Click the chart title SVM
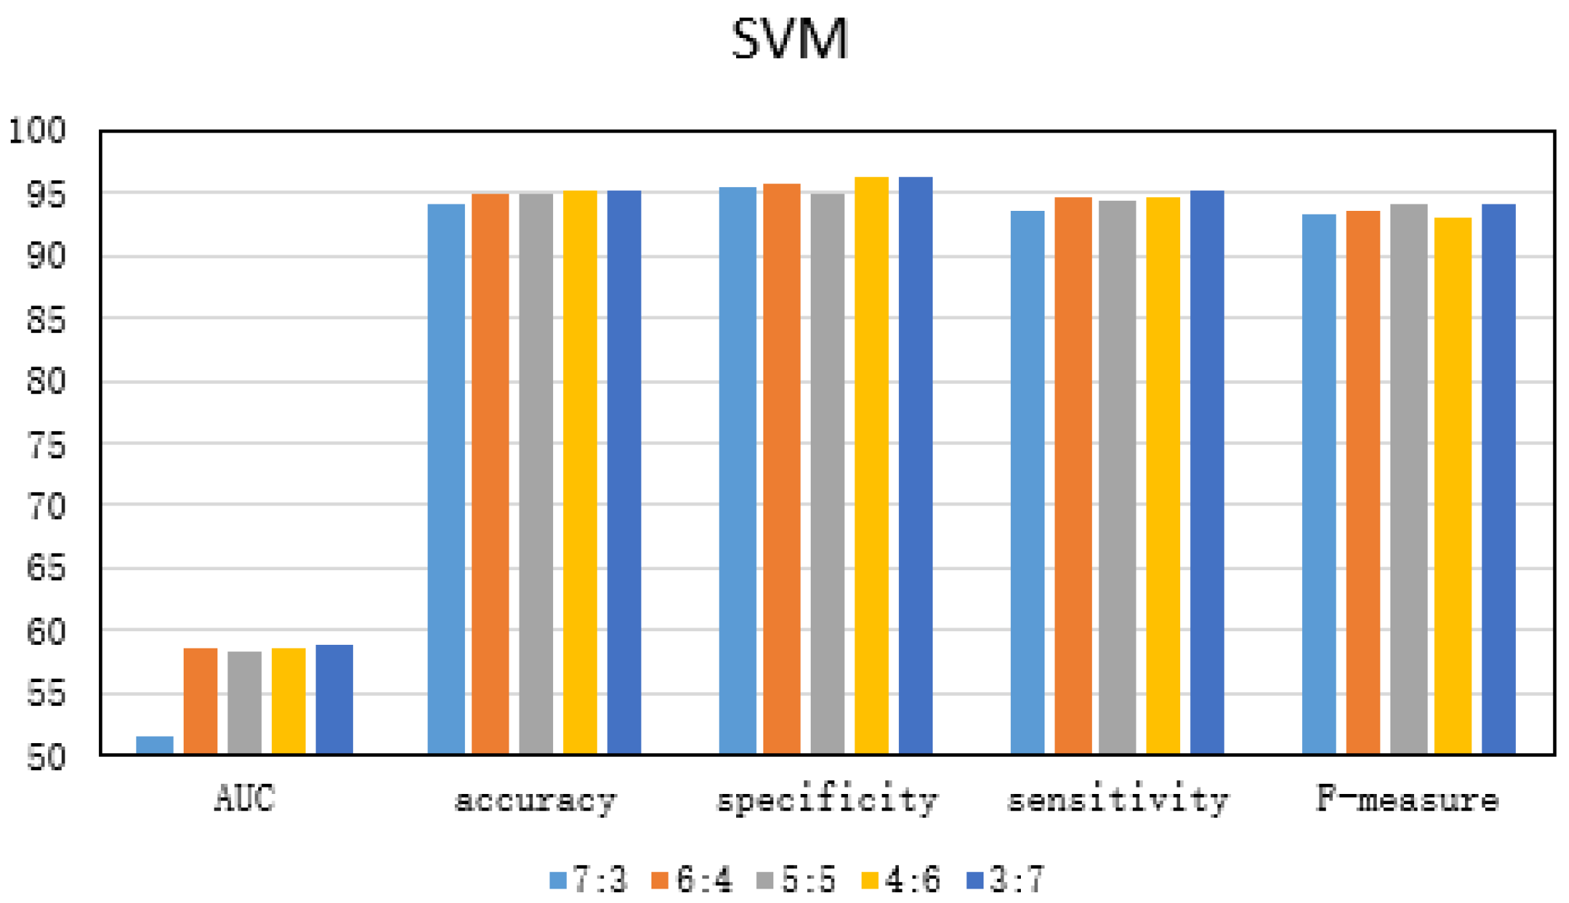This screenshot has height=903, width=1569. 790,39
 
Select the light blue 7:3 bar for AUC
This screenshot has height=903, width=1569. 154,745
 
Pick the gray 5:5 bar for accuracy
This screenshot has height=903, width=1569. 536,473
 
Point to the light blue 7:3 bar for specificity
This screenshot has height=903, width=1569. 738,470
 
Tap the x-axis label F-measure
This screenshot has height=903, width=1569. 1408,798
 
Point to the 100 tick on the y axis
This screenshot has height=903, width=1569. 37,131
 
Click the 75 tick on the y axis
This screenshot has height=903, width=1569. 46,446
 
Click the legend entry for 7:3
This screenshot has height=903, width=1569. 589,879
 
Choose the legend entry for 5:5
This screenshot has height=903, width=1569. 797,879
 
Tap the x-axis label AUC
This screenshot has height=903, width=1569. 245,798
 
